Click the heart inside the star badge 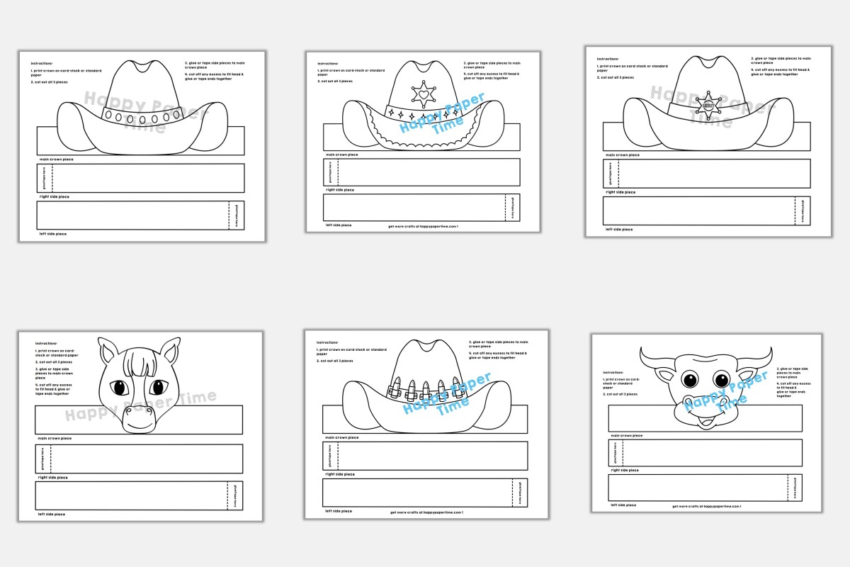point(424,94)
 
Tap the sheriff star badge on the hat point(708,106)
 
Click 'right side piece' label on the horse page point(53,478)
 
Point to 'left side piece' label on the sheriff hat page point(619,229)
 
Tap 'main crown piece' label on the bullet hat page point(342,437)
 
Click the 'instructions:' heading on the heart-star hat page point(328,63)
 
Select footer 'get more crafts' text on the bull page point(706,506)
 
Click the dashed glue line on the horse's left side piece point(228,495)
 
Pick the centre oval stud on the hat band point(142,116)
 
